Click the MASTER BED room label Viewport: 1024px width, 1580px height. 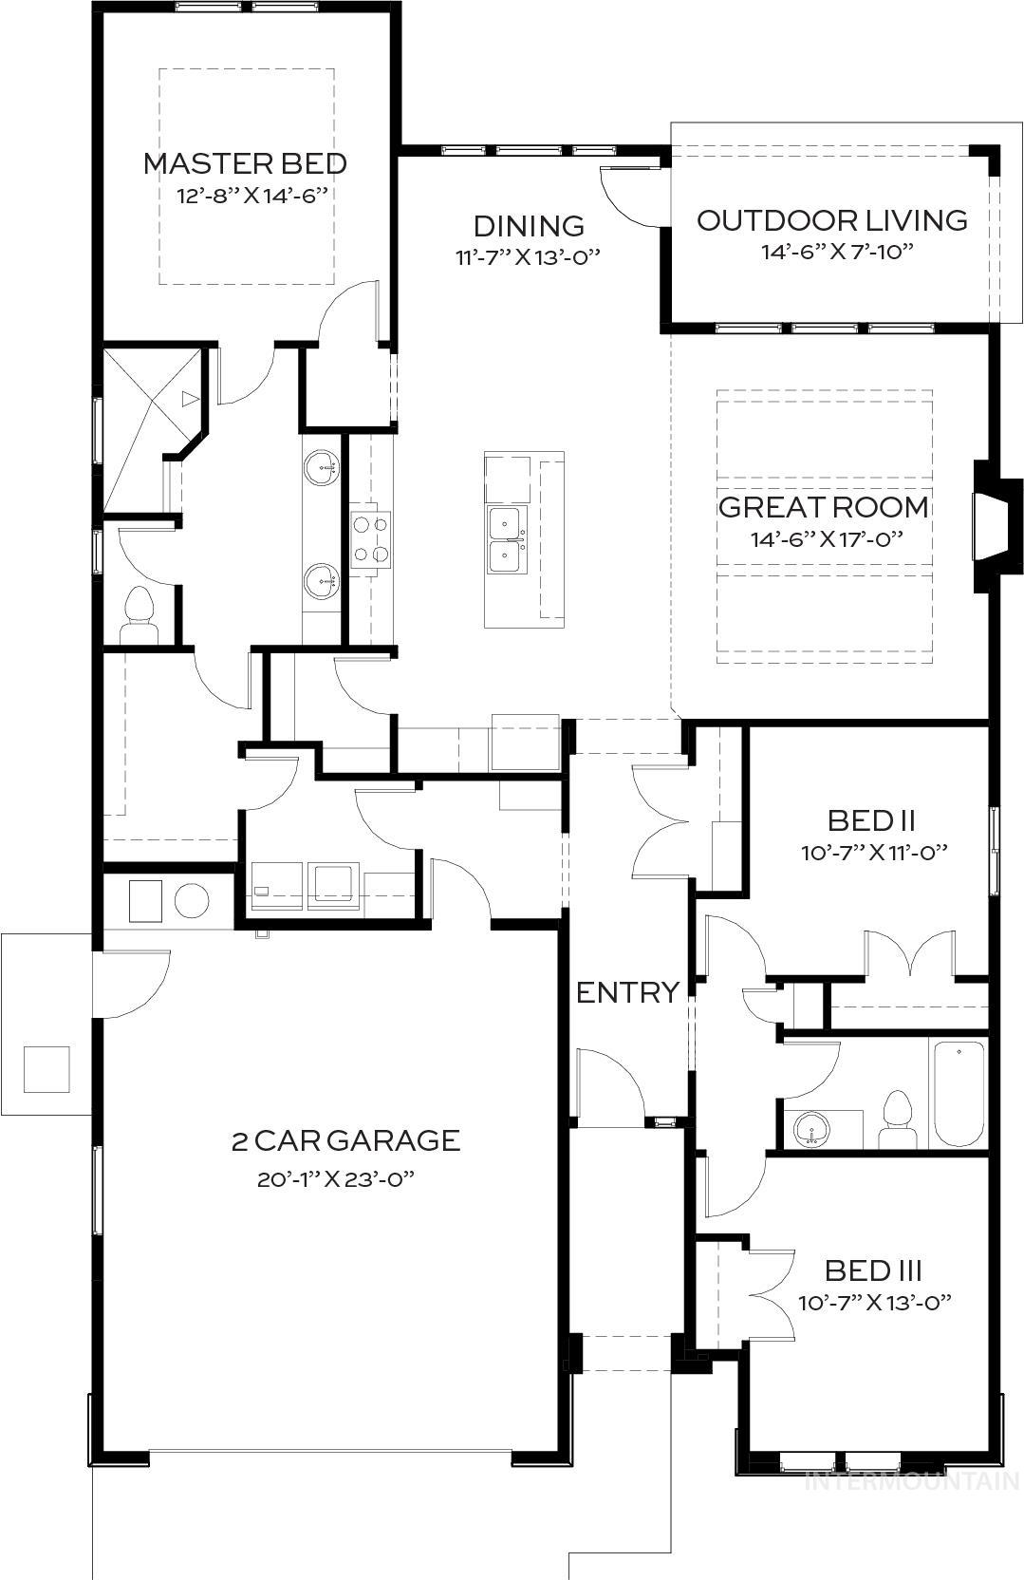coord(245,163)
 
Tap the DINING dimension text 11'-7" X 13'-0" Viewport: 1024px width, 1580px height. coord(528,256)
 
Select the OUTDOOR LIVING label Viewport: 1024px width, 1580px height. coord(832,220)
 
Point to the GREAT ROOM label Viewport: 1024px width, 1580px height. coord(823,506)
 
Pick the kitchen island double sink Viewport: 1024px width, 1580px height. coord(506,540)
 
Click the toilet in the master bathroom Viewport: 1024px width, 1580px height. coord(140,616)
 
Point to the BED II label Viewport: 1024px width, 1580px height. coord(872,819)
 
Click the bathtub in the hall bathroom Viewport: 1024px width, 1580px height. coord(959,1094)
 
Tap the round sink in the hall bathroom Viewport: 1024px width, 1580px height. coord(810,1130)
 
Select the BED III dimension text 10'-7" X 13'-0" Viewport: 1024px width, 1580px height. coord(874,1302)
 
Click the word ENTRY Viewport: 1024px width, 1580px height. coord(627,992)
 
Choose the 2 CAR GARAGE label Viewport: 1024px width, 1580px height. coord(345,1139)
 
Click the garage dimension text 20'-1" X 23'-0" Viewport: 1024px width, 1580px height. coord(337,1179)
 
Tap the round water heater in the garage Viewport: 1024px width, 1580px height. coord(192,899)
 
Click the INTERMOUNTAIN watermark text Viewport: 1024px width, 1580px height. coord(911,1480)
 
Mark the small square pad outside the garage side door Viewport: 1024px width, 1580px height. coord(46,1069)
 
